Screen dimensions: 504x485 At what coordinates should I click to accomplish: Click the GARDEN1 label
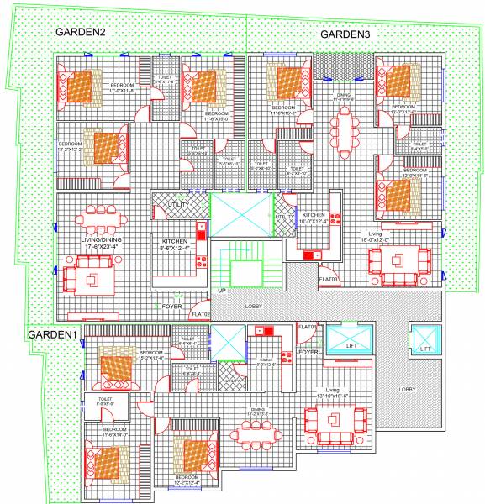tap(54, 334)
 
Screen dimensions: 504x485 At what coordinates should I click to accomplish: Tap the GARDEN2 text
tap(81, 32)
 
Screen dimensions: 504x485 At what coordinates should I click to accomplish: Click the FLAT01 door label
tap(308, 326)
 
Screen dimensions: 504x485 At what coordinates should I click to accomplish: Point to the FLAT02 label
tap(200, 314)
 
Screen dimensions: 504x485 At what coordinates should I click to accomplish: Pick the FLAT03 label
tap(328, 279)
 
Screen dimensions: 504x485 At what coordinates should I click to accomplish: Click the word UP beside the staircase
tap(222, 291)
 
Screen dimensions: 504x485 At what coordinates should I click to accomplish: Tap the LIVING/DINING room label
tap(102, 241)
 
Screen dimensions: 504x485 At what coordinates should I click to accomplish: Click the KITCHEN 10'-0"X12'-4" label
tap(314, 219)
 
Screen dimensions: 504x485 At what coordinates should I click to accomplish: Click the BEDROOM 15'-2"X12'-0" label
tap(151, 356)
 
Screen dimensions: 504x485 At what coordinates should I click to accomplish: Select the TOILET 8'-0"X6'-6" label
tap(105, 402)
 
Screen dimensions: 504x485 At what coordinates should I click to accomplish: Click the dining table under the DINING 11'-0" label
tap(344, 130)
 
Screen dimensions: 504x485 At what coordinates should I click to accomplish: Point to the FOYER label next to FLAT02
tap(172, 307)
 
